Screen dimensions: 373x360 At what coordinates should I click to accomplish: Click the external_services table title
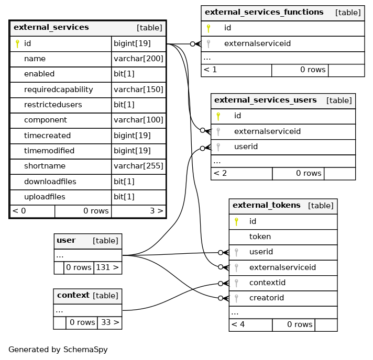51,27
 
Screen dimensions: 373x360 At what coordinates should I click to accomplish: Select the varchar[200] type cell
138,59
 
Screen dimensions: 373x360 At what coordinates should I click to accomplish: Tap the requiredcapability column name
59,89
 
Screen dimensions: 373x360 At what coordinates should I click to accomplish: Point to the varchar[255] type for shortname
138,166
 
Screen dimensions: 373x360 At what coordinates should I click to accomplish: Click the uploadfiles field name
45,197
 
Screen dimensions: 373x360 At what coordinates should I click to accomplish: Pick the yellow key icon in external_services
17,44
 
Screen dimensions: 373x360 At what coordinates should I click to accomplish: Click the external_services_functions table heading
264,12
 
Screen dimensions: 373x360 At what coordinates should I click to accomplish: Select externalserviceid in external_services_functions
257,43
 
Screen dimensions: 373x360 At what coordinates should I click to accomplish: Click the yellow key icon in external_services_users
218,116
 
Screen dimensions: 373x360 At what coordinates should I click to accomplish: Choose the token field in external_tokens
260,237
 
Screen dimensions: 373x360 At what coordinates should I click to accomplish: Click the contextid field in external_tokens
267,283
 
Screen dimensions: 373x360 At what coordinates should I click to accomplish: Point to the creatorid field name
267,298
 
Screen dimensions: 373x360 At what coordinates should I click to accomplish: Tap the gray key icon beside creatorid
236,298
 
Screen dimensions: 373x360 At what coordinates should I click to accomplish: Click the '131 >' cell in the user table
107,267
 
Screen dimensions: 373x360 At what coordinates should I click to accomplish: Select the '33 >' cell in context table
109,322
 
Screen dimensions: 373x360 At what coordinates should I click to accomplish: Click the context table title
73,295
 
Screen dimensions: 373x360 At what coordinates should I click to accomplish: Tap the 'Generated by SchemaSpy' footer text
58,350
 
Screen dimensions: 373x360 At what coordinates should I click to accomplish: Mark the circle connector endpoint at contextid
221,284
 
